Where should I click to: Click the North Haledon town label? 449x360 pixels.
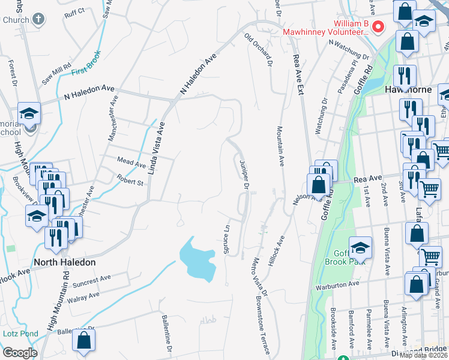click(64, 262)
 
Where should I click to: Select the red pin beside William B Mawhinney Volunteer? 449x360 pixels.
click(378, 26)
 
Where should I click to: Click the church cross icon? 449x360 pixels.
click(39, 20)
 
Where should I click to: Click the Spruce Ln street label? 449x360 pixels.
click(227, 239)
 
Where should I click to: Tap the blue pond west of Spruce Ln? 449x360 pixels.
click(197, 259)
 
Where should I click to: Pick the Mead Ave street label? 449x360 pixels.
click(131, 164)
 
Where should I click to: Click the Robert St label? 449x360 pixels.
click(130, 181)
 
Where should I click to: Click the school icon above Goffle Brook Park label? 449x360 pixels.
click(360, 247)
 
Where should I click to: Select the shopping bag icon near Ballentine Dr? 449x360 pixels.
click(84, 340)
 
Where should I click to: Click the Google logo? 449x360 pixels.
click(20, 352)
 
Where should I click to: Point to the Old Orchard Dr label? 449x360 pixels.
click(259, 49)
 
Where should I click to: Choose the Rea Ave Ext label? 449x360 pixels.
click(297, 74)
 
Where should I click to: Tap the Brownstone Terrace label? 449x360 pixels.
click(264, 315)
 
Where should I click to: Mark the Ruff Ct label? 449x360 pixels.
click(75, 11)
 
